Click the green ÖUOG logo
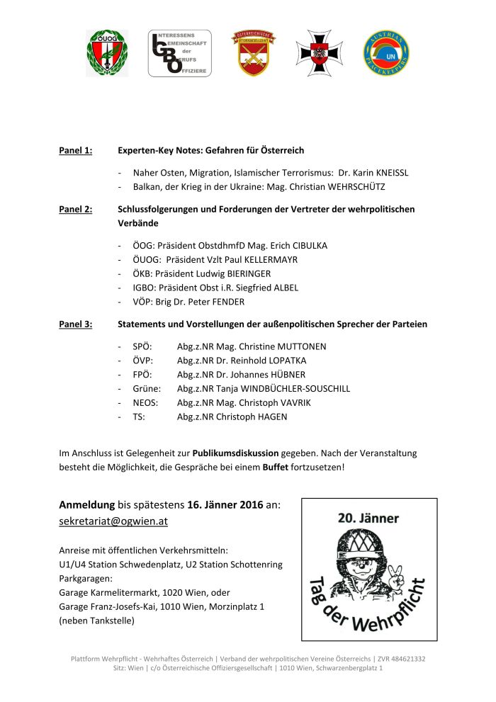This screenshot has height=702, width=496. [x=108, y=53]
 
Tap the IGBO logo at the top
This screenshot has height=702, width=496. [x=179, y=53]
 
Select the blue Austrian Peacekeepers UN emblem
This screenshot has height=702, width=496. [x=385, y=54]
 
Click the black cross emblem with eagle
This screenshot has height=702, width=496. [x=319, y=53]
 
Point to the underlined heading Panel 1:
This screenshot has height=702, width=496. [x=75, y=151]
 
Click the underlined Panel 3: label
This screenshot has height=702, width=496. [x=75, y=324]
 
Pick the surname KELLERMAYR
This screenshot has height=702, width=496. [x=268, y=260]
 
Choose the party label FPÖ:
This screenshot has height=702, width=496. [x=142, y=375]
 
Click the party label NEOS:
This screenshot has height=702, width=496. [x=145, y=403]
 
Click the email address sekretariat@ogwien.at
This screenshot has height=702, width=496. [x=113, y=521]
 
